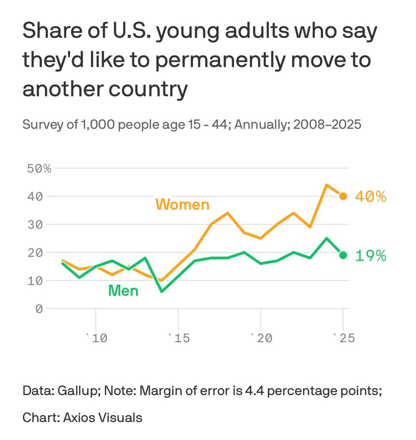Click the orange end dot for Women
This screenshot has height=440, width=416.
(343, 196)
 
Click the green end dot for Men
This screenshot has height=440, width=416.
(343, 255)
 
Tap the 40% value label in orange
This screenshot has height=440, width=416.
(370, 197)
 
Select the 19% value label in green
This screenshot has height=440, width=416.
(370, 256)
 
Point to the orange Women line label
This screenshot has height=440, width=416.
(182, 205)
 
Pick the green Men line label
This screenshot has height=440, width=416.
(123, 290)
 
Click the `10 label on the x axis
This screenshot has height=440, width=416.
(96, 338)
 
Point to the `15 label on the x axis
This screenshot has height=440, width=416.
(178, 338)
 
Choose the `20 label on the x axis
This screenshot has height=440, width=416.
(261, 338)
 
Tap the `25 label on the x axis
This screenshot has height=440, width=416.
(343, 338)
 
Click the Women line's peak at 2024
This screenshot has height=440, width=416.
(326, 185)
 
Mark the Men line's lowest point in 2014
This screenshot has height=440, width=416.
(162, 291)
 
